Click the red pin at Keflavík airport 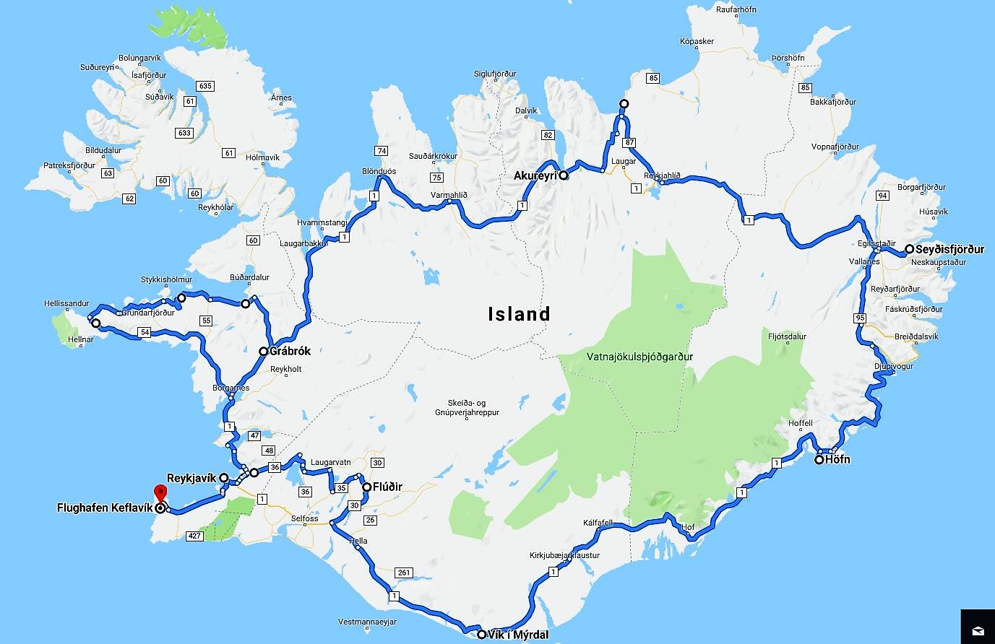click(160, 496)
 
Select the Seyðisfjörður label click(949, 250)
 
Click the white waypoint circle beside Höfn click(819, 459)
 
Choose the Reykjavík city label click(191, 478)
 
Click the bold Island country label click(519, 314)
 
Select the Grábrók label click(290, 352)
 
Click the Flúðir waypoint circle click(367, 487)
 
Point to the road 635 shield click(205, 86)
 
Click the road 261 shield click(403, 573)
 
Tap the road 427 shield click(194, 535)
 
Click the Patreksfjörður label click(69, 165)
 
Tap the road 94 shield click(882, 196)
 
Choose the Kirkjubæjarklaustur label click(565, 555)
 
